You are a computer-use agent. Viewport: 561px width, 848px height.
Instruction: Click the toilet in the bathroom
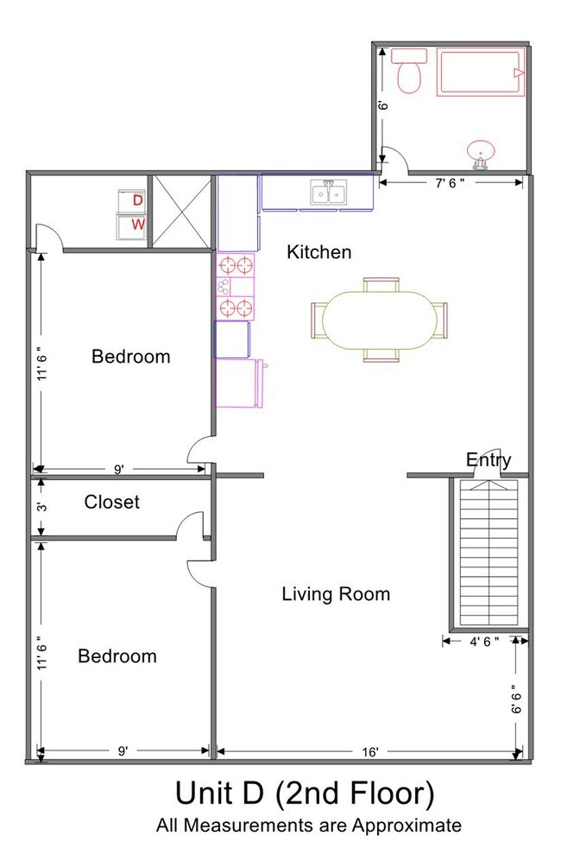click(x=409, y=71)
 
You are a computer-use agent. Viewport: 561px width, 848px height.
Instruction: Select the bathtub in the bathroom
click(x=481, y=73)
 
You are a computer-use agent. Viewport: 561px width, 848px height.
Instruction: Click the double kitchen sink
click(x=329, y=193)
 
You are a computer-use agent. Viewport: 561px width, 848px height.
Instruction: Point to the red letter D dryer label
click(x=138, y=200)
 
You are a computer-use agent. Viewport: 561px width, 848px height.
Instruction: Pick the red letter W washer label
click(x=138, y=224)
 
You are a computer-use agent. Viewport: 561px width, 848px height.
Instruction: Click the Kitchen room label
click(x=318, y=252)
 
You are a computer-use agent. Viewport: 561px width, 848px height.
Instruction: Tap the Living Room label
click(x=336, y=594)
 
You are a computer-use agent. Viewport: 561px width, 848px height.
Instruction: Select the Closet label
click(x=112, y=502)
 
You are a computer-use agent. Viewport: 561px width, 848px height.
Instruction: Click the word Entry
click(x=489, y=460)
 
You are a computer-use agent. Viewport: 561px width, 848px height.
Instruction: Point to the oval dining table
click(x=380, y=320)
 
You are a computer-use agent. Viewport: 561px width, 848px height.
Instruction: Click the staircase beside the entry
click(x=489, y=552)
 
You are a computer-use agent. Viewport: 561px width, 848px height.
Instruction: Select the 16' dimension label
click(x=370, y=752)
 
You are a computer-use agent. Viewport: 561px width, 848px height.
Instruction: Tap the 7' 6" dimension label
click(x=450, y=183)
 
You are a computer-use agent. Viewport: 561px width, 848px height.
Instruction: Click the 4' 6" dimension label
click(x=484, y=642)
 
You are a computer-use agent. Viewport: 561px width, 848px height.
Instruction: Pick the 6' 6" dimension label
click(x=517, y=699)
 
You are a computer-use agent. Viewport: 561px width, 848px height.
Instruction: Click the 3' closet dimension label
click(x=42, y=507)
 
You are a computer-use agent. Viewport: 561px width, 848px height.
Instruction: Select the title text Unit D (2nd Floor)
click(x=305, y=794)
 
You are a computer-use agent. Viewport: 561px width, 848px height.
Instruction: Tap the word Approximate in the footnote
click(x=407, y=826)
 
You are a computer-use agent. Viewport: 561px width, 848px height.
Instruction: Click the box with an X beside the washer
click(x=182, y=212)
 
